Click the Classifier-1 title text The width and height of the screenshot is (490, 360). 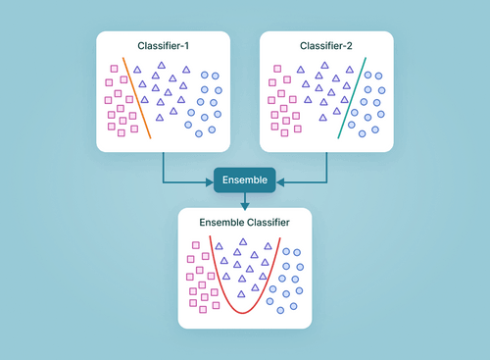coord(163,45)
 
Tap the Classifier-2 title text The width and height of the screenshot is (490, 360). coord(326,45)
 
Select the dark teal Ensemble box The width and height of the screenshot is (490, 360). coord(245,180)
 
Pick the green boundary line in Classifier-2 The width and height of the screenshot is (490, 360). coord(352,98)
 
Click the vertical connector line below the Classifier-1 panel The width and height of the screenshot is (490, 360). coord(163,166)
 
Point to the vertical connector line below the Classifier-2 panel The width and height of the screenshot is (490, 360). coord(326,166)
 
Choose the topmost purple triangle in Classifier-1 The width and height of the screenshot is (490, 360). coord(156,66)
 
